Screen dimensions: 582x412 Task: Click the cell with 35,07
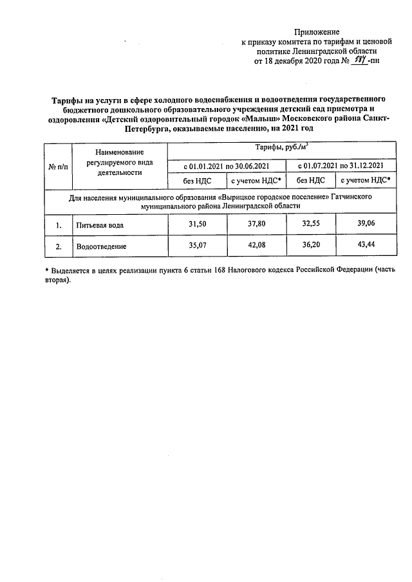196,245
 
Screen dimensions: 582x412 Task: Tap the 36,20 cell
315,245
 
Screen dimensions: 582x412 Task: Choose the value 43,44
365,245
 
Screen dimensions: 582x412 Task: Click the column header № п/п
57,167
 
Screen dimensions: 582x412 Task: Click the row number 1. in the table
58,225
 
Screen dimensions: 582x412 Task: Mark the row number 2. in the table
58,246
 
